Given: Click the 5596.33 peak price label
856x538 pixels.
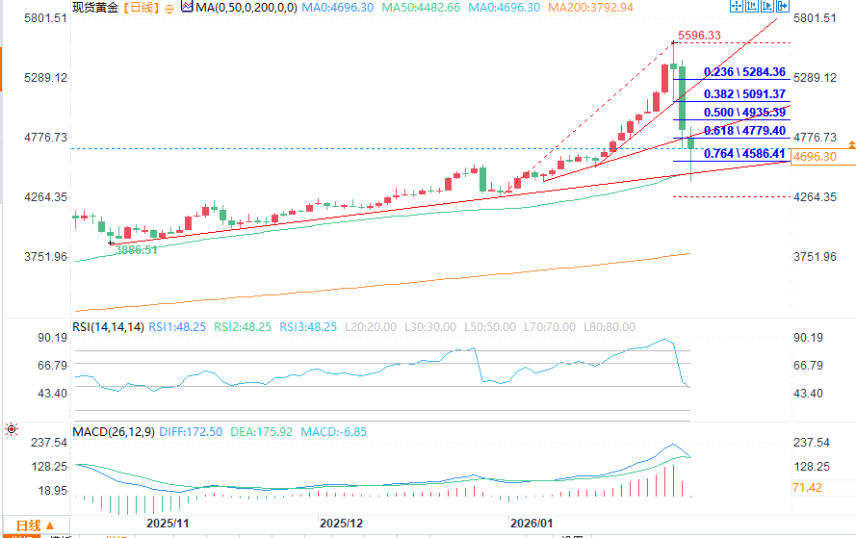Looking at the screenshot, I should [x=699, y=36].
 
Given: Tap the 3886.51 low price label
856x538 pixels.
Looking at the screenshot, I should [x=136, y=249].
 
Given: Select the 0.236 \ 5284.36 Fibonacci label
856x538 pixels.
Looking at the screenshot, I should [x=745, y=72].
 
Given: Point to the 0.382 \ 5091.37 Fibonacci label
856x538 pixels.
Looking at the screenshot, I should [x=745, y=94].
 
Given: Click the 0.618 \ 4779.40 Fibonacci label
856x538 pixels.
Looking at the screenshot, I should [x=745, y=131].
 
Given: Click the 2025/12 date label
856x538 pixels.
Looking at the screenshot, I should [x=342, y=523].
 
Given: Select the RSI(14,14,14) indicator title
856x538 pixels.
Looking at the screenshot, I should [x=108, y=327].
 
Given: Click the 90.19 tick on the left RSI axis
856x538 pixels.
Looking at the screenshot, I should [x=51, y=338].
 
